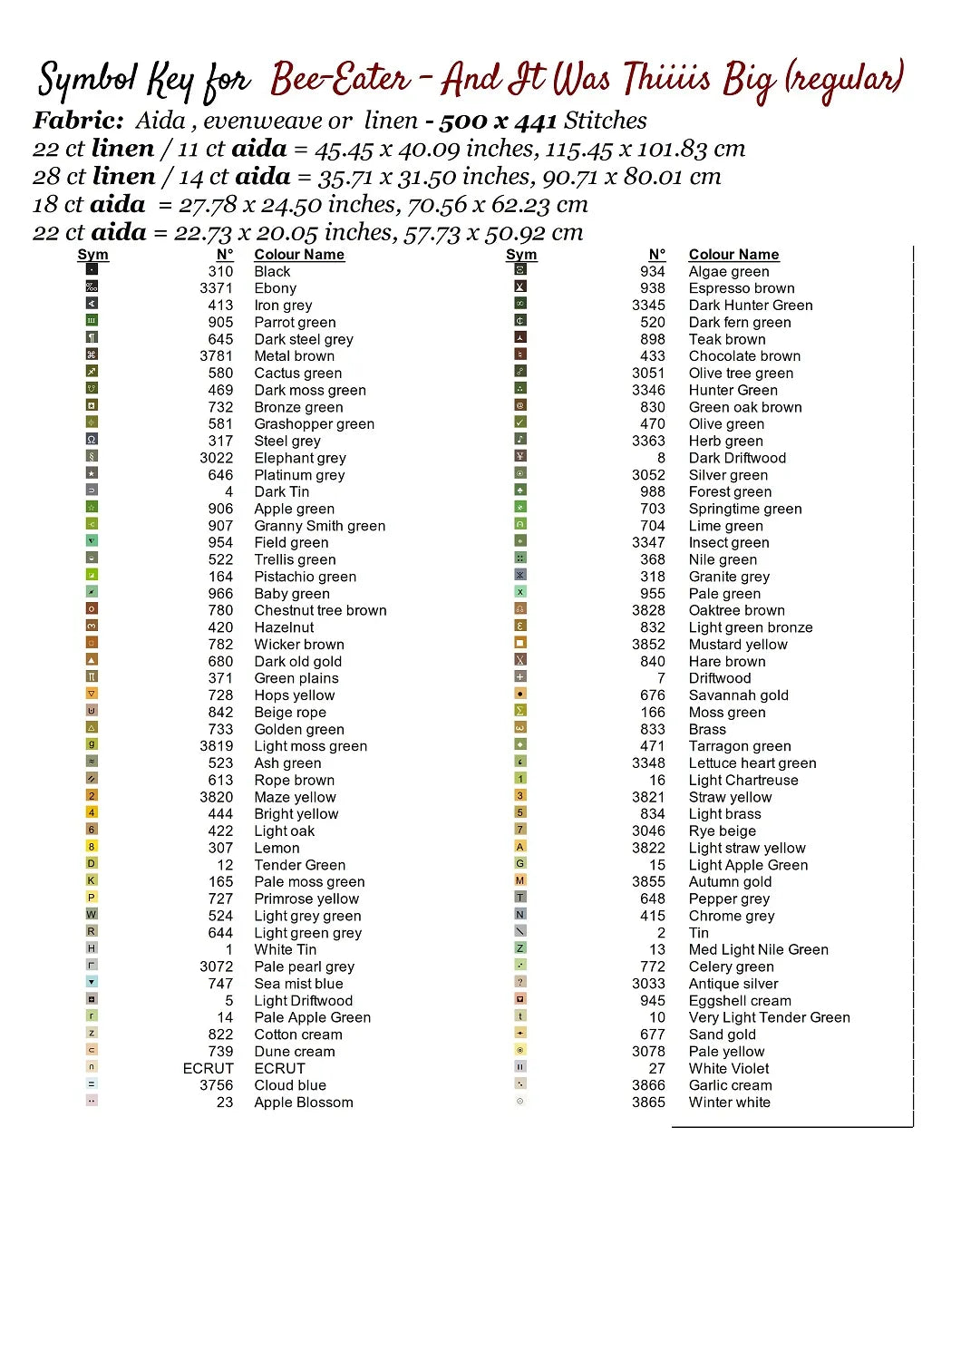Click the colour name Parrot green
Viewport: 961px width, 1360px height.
point(295,323)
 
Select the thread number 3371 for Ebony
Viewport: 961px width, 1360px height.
point(216,288)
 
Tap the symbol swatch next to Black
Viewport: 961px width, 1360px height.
point(92,269)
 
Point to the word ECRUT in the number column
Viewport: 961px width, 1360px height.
point(208,1068)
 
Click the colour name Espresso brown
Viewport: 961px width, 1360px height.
point(741,288)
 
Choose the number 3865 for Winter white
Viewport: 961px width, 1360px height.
point(648,1103)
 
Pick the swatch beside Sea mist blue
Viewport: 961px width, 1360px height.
point(92,982)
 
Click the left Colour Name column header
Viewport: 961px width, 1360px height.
point(299,255)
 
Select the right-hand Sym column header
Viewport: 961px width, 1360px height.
point(521,255)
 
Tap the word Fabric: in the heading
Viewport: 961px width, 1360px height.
point(78,121)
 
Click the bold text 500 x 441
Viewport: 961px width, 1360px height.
point(498,121)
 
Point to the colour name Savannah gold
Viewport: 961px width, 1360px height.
point(738,695)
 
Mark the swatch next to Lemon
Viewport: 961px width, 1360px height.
point(92,847)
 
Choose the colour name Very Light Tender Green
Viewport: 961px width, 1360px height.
point(769,1017)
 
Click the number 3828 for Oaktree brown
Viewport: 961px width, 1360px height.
point(648,610)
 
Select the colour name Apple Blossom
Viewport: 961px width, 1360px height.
point(303,1103)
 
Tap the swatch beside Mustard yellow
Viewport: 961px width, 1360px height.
point(520,643)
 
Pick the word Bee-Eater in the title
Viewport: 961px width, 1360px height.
point(340,80)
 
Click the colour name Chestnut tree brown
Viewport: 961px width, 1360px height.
point(320,610)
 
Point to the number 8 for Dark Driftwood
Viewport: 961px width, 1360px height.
point(661,458)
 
